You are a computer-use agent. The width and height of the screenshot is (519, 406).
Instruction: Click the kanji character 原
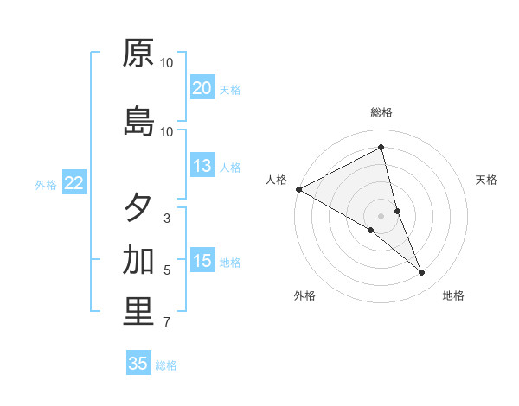coord(138,54)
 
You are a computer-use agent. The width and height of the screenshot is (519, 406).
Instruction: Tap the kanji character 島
coord(138,122)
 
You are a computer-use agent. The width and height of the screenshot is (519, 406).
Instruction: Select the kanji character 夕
coord(138,208)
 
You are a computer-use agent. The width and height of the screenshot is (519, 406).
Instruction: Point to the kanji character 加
coord(138,259)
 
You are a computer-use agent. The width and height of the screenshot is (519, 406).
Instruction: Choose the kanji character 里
coord(138,312)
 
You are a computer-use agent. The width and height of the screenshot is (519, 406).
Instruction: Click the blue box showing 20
coord(202,88)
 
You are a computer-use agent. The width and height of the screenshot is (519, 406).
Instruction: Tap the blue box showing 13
coord(202,167)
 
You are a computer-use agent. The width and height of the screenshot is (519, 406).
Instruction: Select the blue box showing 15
coord(202,261)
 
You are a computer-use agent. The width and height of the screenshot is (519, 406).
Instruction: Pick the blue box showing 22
coord(74,183)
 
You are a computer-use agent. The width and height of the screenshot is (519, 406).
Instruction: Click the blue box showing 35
coord(138,364)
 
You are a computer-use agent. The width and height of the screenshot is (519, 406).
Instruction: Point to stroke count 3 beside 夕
coord(167,219)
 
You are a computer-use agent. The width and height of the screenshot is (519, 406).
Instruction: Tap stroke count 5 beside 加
coord(167,270)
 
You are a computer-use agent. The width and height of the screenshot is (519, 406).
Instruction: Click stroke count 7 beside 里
coord(167,323)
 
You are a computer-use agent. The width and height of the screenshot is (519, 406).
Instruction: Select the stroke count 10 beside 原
coord(167,63)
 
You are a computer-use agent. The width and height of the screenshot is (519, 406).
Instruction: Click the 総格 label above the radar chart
coord(381,112)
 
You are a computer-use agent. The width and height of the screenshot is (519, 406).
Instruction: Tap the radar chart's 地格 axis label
coord(453,295)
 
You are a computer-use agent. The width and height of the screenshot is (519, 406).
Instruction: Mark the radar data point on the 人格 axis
coord(298,189)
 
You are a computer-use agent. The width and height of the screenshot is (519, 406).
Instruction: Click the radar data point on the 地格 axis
coord(422,273)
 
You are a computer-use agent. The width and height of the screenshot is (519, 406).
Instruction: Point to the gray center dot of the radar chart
coord(381,215)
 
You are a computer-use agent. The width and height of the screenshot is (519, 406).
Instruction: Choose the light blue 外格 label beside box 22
coord(46,184)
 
